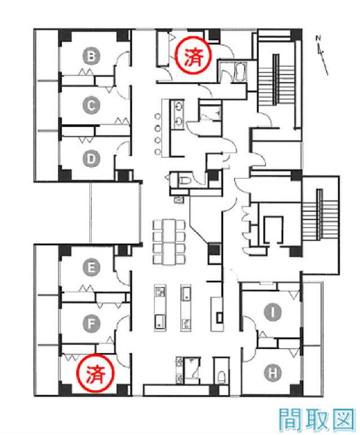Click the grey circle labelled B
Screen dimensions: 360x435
pyautogui.click(x=91, y=56)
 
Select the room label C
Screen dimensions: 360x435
pyautogui.click(x=91, y=105)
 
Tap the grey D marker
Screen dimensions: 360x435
pyautogui.click(x=91, y=159)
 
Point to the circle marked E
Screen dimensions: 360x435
pyautogui.click(x=91, y=268)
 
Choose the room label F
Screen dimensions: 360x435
pyautogui.click(x=91, y=324)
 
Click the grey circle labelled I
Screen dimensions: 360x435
pyautogui.click(x=273, y=312)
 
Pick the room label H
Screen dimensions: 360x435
pyautogui.click(x=273, y=373)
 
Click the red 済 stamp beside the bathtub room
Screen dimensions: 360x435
pyautogui.click(x=194, y=56)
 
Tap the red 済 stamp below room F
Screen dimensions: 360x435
pyautogui.click(x=96, y=374)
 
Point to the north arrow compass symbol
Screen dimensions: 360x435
pyautogui.click(x=322, y=56)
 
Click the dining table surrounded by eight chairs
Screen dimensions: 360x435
pyautogui.click(x=169, y=242)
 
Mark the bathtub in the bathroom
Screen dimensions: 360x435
pyautogui.click(x=240, y=73)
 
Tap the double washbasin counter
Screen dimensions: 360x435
pyautogui.click(x=178, y=114)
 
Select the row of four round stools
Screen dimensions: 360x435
pyautogui.click(x=158, y=134)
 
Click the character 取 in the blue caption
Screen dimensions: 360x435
pyautogui.click(x=316, y=421)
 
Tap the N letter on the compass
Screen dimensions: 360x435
pyautogui.click(x=318, y=38)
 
